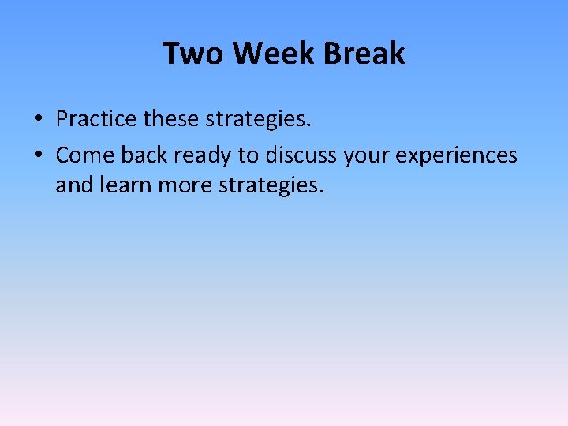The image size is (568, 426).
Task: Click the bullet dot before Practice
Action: [x=38, y=120]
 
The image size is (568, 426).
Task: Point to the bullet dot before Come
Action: [x=38, y=155]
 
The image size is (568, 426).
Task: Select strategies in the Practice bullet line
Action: [x=256, y=120]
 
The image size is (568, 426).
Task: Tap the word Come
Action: [x=84, y=155]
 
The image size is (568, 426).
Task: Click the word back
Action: [x=144, y=155]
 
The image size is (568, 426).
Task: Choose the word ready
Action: [x=204, y=156]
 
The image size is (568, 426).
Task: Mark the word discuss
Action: [x=301, y=155]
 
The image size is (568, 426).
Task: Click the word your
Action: [x=367, y=156]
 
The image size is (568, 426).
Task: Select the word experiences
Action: [x=456, y=156]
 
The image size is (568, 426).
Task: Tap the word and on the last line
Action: [x=73, y=186]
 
